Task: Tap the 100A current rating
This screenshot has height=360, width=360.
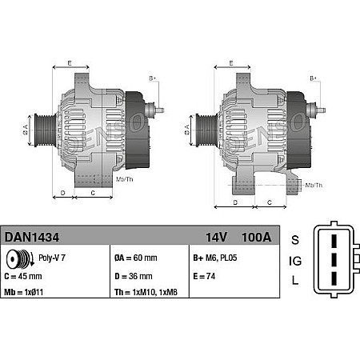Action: (255, 237)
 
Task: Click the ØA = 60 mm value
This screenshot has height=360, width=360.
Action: (136, 259)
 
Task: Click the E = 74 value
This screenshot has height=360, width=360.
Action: (205, 277)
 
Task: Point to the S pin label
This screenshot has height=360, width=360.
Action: (295, 240)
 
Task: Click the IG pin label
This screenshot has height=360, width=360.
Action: (295, 261)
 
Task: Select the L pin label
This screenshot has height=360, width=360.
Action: (295, 281)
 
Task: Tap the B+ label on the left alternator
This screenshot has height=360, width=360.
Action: (154, 78)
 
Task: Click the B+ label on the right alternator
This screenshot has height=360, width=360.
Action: (314, 78)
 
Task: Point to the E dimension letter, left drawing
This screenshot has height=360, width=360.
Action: (70, 62)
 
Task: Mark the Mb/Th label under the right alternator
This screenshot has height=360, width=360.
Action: (314, 185)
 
